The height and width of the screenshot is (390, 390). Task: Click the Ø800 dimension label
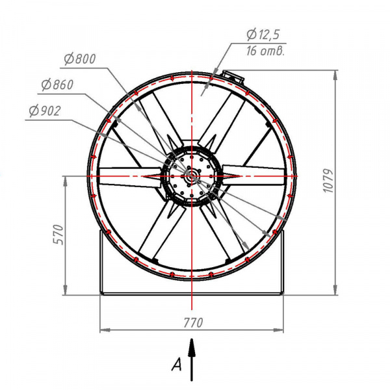pyautogui.click(x=80, y=59)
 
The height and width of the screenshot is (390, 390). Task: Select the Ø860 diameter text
pyautogui.click(x=57, y=84)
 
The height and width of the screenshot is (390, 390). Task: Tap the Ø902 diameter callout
pyautogui.click(x=45, y=111)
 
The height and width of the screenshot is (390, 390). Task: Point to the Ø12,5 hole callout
pyautogui.click(x=263, y=34)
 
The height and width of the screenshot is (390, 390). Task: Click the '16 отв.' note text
pyautogui.click(x=265, y=51)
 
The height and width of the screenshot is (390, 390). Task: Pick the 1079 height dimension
pyautogui.click(x=328, y=181)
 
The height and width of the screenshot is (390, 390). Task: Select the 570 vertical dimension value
pyautogui.click(x=59, y=235)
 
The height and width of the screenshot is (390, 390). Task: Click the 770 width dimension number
pyautogui.click(x=193, y=323)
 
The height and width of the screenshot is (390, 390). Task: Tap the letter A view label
pyautogui.click(x=177, y=365)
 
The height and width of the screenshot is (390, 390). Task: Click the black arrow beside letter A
pyautogui.click(x=192, y=359)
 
